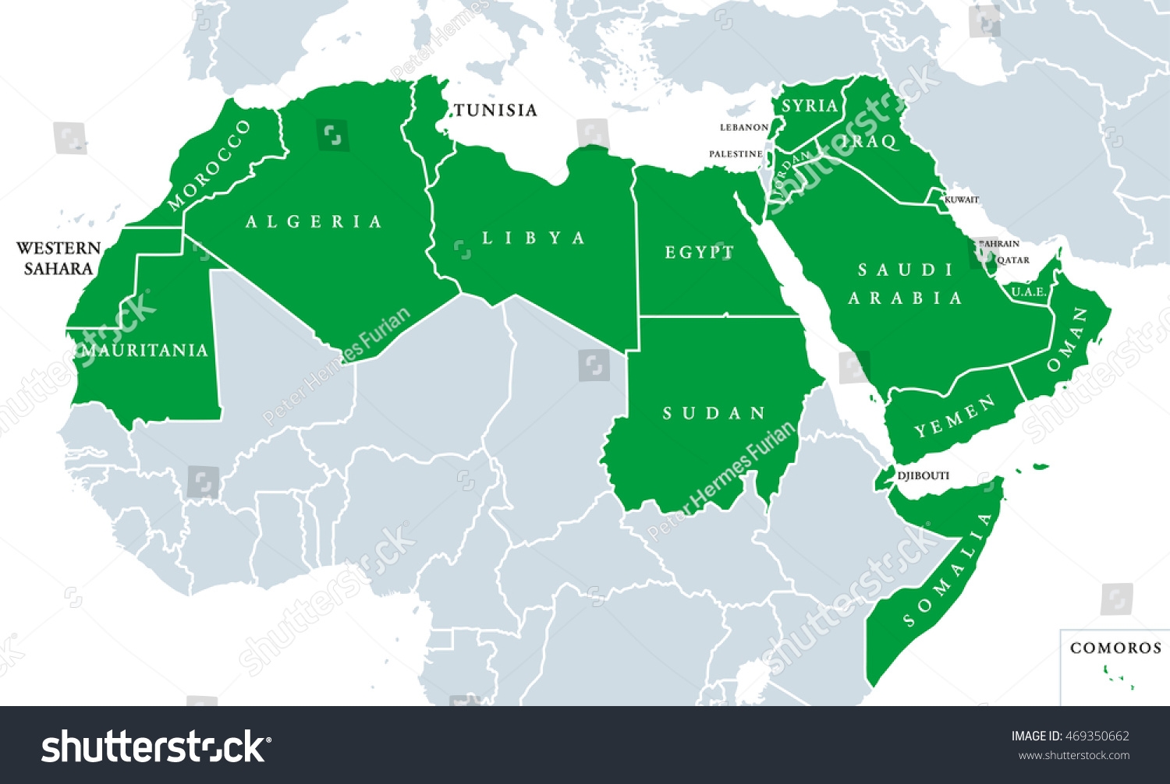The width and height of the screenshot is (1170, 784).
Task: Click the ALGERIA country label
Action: (x=314, y=222)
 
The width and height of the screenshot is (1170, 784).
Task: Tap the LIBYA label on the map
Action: (x=534, y=238)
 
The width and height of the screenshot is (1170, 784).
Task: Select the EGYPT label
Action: (x=700, y=252)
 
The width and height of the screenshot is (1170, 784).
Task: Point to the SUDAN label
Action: (x=714, y=413)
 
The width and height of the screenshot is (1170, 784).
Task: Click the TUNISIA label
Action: (x=496, y=110)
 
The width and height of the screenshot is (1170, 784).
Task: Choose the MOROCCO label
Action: (x=209, y=164)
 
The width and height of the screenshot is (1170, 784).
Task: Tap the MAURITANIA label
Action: (x=145, y=350)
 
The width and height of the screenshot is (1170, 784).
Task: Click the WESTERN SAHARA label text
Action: (x=58, y=258)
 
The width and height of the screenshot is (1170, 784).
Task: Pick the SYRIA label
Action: (x=810, y=106)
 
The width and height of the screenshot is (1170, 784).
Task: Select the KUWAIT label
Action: (x=962, y=200)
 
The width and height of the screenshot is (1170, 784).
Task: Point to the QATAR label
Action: (x=1013, y=260)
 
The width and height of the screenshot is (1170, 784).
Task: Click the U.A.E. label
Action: (x=1029, y=292)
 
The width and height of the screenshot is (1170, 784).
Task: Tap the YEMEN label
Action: (x=955, y=416)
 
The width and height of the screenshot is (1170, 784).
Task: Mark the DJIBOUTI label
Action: (x=924, y=475)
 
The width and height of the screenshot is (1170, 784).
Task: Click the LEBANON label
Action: (x=744, y=127)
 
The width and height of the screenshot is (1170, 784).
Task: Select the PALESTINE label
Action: (x=736, y=154)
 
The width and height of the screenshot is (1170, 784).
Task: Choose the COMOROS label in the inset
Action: (x=1115, y=648)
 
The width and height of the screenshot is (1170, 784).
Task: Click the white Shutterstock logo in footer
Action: (x=154, y=747)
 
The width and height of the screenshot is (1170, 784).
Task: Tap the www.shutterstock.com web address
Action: (x=1074, y=755)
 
